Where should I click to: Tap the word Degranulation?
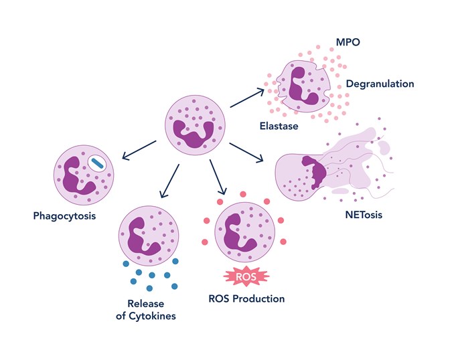[x=380, y=84]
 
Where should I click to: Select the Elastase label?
[x=279, y=125]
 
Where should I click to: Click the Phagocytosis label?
[x=64, y=215]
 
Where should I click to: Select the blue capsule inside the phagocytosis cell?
[x=98, y=162]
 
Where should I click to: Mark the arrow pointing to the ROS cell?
[x=216, y=179]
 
